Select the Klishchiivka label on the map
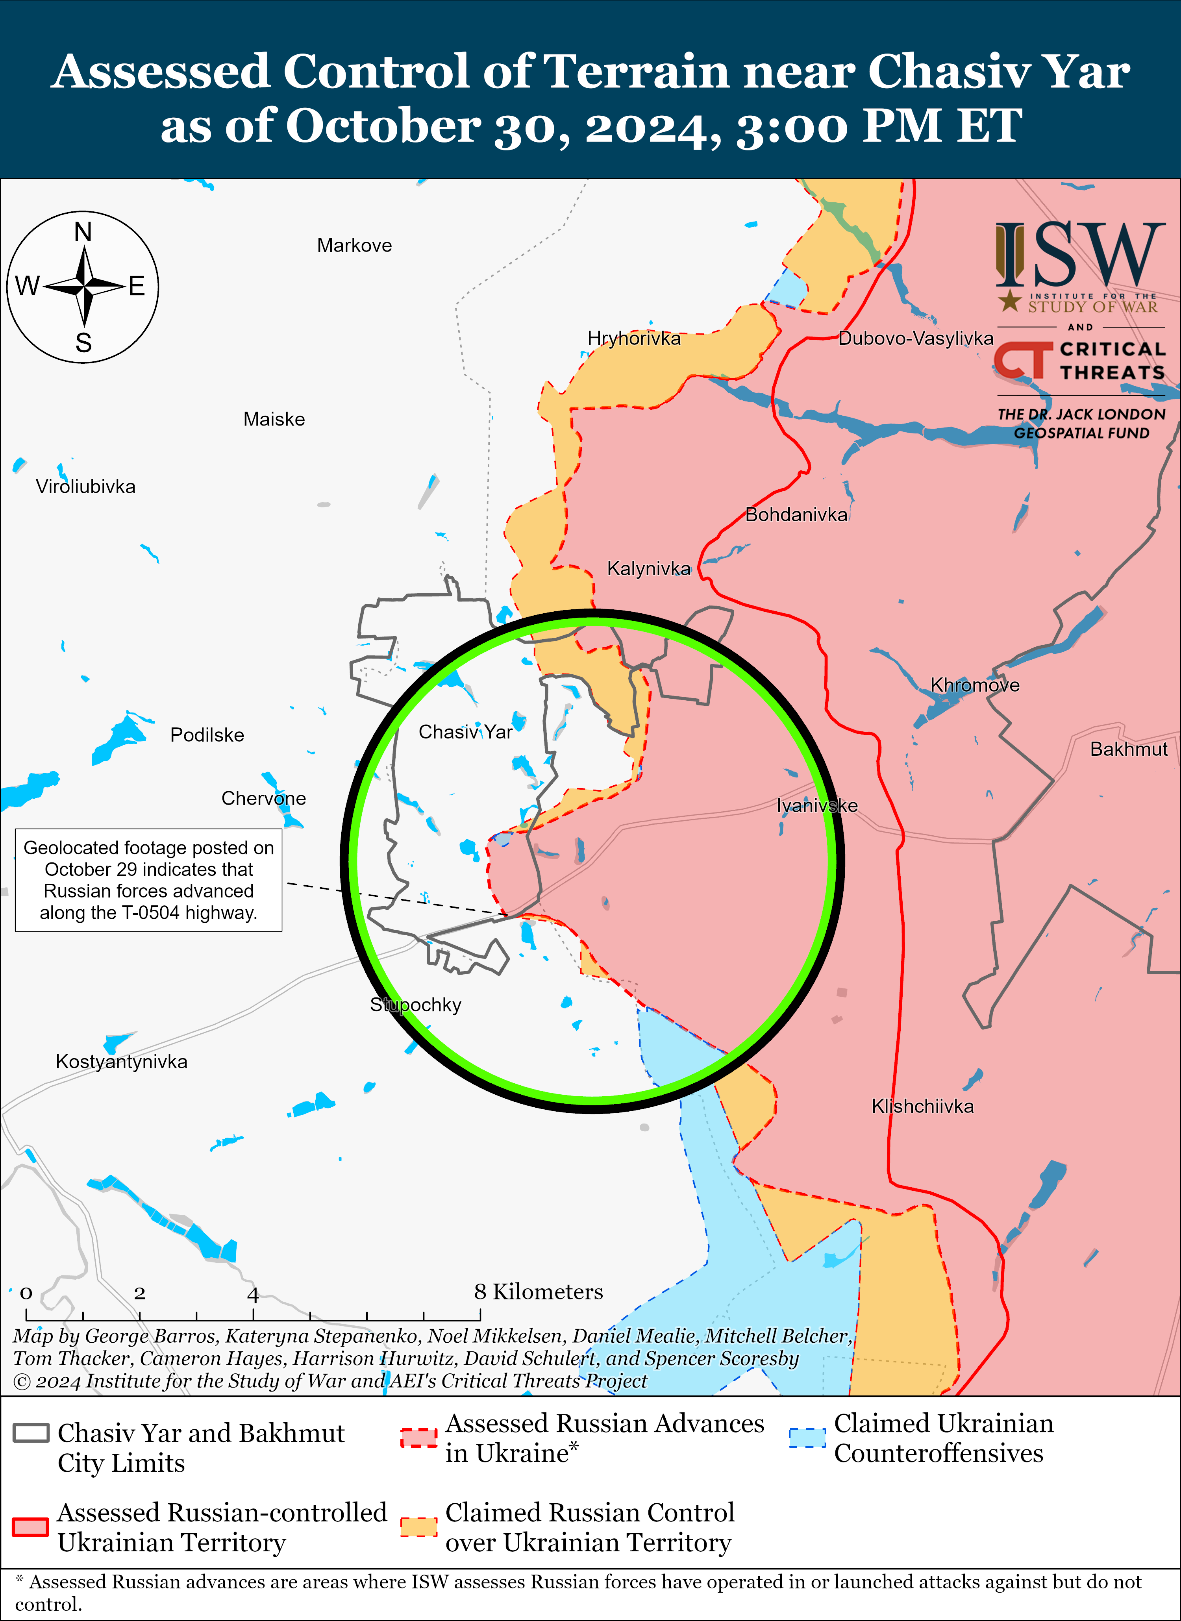(x=922, y=1107)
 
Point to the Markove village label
(x=355, y=246)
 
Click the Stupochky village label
(x=415, y=1005)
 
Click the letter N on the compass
(x=83, y=232)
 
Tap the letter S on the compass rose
(x=83, y=343)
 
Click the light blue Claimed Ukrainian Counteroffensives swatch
(x=807, y=1437)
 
